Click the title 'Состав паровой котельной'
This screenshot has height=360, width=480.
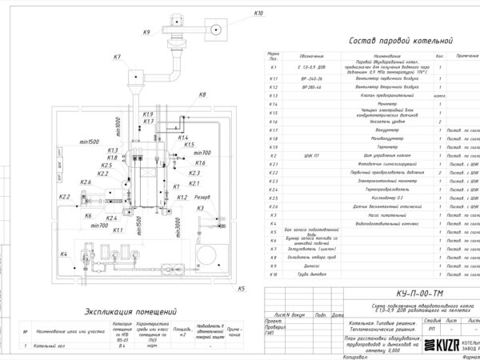pos(397,41)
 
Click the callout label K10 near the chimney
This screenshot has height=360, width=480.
pos(258,14)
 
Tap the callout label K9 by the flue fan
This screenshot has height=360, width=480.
pos(146,32)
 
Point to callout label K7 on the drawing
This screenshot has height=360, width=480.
pos(117,57)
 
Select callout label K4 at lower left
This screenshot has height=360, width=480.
pos(62,254)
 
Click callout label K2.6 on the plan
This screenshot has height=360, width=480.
pos(86,182)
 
